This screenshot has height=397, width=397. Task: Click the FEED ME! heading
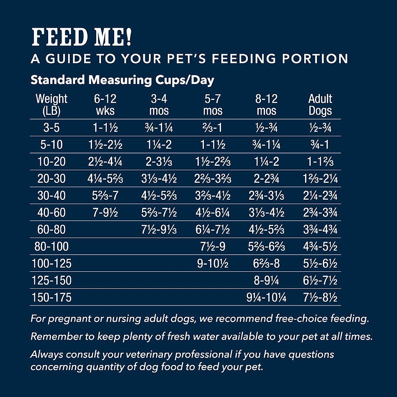(82, 37)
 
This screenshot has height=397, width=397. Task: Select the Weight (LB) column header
(51, 105)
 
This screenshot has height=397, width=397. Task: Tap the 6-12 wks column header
(105, 105)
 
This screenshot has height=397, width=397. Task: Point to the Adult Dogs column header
(320, 105)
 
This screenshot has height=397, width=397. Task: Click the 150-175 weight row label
(51, 297)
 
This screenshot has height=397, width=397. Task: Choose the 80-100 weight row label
(51, 247)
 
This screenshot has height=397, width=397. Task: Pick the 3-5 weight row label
(51, 128)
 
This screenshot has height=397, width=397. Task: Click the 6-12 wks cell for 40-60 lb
(105, 213)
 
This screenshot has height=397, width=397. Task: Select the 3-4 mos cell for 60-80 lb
(159, 230)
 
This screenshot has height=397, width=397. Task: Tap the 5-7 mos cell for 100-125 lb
(213, 264)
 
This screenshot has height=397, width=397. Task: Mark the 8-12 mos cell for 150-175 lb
(266, 297)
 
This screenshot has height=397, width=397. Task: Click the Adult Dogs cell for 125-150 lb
(320, 281)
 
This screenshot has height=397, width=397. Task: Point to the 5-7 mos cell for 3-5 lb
(213, 128)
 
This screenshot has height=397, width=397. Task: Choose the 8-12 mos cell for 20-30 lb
(266, 179)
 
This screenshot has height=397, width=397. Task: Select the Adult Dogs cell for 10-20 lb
(320, 162)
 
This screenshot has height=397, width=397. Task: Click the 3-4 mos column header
(159, 105)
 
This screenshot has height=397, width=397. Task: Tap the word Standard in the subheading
(58, 80)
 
